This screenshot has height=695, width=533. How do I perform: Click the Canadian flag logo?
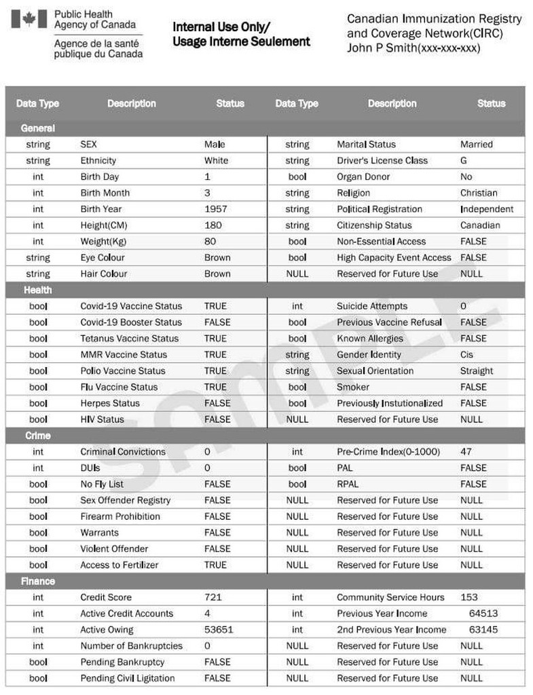[x=29, y=19]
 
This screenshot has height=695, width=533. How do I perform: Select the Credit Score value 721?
[x=213, y=597]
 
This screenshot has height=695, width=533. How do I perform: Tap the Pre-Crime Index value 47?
[x=466, y=451]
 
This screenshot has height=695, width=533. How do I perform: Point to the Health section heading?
[x=38, y=290]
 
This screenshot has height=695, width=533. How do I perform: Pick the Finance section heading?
[x=38, y=582]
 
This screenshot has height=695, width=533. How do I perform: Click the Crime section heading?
[x=38, y=436]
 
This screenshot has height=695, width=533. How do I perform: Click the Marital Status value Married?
[x=477, y=145]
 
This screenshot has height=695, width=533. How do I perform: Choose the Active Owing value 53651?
[x=219, y=630]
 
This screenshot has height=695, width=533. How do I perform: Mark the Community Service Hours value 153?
[x=469, y=597]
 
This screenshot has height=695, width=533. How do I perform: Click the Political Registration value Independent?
[x=487, y=209]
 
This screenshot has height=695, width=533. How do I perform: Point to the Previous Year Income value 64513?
[x=483, y=614]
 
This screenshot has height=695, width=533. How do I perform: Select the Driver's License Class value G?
[x=464, y=161]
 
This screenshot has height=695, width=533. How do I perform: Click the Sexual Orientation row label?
[x=375, y=371]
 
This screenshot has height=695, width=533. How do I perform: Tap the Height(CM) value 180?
[x=213, y=225]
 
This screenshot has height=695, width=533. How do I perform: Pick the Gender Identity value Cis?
[x=466, y=354]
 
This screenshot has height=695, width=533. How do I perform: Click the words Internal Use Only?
[x=221, y=27]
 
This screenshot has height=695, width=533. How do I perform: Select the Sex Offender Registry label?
[x=126, y=500]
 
